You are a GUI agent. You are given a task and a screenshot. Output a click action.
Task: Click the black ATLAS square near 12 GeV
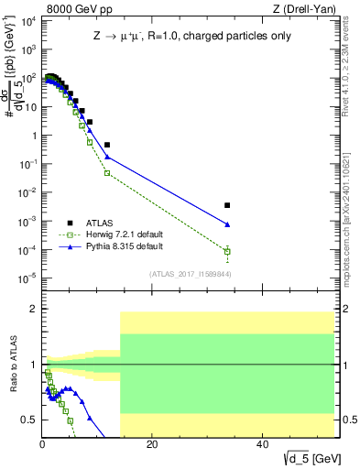[107, 145]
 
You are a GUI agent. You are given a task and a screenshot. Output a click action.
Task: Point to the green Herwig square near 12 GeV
[107, 173]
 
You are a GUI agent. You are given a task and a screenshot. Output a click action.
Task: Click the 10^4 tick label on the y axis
[27, 20]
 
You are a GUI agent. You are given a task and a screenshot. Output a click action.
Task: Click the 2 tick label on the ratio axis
[33, 310]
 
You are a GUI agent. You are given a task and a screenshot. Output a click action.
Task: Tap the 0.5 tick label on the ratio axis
[29, 420]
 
